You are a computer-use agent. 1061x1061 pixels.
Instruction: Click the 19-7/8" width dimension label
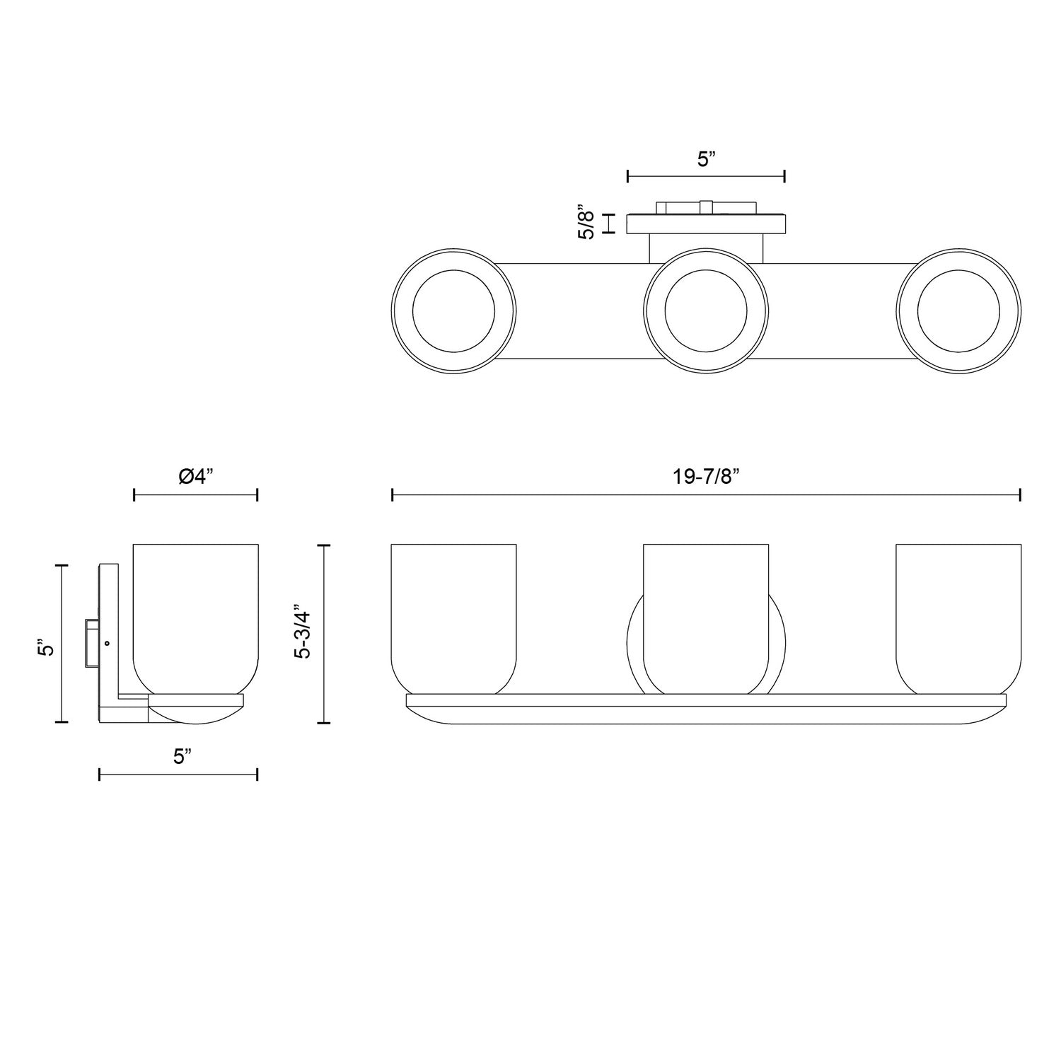point(706,477)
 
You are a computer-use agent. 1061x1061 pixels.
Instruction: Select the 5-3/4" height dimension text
point(302,632)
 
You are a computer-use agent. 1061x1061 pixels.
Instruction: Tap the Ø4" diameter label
point(196,477)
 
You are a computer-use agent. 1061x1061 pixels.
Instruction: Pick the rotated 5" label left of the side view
point(47,648)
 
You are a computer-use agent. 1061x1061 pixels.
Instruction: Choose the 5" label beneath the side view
point(182,757)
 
